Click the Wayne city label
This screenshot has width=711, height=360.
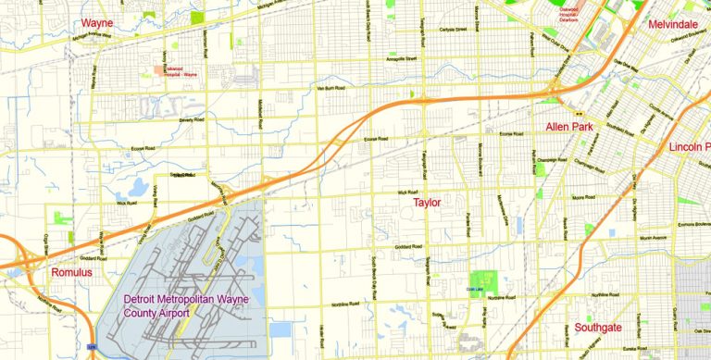click(97, 22)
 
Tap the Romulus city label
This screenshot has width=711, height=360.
click(71, 272)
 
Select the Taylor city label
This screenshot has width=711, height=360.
click(427, 202)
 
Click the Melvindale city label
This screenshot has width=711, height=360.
click(673, 24)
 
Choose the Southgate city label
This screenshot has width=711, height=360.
click(598, 328)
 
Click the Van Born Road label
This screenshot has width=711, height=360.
click(331, 88)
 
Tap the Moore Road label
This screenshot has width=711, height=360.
click(582, 197)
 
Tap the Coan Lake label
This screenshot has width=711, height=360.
click(473, 290)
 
